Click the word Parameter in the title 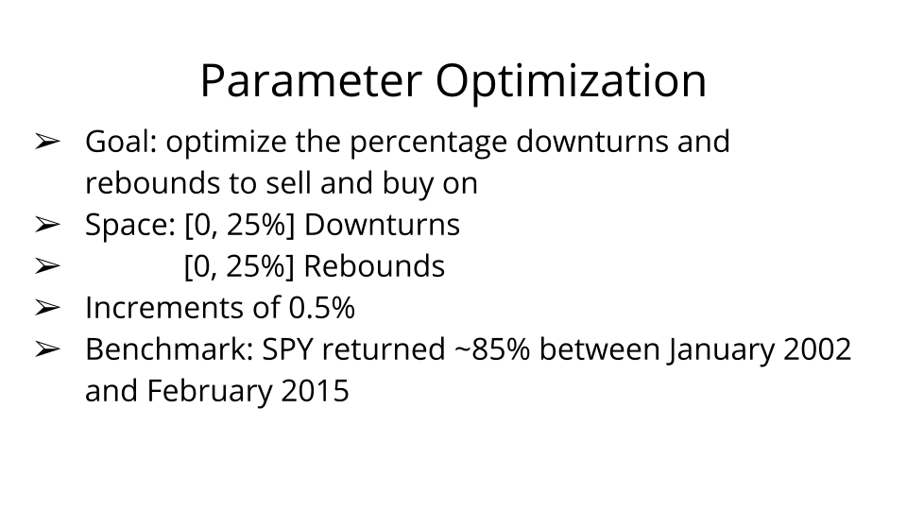tap(311, 80)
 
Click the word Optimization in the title tap(571, 81)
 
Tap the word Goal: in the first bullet tap(121, 142)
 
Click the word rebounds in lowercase tap(152, 183)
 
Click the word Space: tap(130, 226)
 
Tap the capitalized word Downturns tap(382, 225)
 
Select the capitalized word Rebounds tap(374, 266)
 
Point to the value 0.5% tap(321, 308)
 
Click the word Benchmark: tap(169, 349)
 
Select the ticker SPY tap(287, 350)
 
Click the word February tap(210, 392)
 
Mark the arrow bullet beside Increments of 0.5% tap(47, 308)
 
